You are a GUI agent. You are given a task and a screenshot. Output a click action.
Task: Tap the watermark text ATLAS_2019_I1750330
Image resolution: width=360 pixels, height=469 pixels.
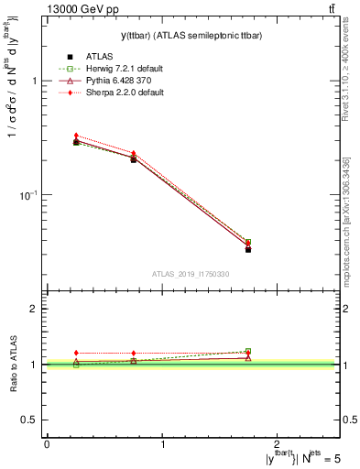click(191, 274)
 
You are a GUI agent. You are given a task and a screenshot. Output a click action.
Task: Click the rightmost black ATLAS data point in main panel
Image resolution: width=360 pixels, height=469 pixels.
click(248, 249)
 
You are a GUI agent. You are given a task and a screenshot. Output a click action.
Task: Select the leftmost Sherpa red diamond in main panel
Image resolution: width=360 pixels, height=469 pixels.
click(76, 136)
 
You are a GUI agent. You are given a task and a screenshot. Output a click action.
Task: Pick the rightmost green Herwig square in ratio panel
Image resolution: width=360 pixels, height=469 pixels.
click(248, 351)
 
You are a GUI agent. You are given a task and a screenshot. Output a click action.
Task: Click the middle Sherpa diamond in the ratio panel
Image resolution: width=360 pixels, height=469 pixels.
click(134, 353)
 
